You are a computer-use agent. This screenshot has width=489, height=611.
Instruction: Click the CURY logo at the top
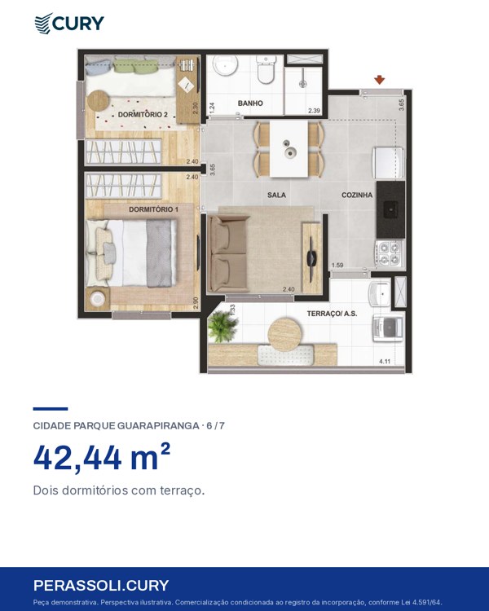[x=69, y=24]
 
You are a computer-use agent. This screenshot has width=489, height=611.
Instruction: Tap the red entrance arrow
[x=380, y=81]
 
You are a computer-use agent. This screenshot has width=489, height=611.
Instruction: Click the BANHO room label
[x=250, y=103]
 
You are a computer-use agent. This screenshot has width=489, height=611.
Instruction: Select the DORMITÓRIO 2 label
[x=143, y=115]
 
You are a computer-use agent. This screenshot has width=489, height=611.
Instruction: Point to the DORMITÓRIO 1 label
[x=154, y=209]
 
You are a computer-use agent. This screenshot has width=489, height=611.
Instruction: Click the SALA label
[x=276, y=195]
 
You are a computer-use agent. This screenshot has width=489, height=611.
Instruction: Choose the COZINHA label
[x=357, y=195]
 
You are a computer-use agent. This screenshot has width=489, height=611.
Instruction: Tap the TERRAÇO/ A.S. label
[x=332, y=314]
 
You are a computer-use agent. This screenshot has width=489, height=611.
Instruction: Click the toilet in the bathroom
[x=267, y=69]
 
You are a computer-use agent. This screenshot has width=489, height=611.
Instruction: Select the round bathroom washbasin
[x=226, y=65]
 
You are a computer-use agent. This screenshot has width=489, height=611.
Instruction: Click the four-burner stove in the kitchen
[x=390, y=253]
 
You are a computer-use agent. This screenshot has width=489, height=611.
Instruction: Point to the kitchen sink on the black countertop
[x=391, y=209]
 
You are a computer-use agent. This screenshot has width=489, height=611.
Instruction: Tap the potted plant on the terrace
[x=222, y=327]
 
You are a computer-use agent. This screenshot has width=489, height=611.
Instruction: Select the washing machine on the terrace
[x=388, y=328]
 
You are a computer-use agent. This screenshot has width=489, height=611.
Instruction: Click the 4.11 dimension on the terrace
[x=385, y=361]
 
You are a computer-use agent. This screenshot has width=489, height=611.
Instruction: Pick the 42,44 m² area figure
[x=102, y=458]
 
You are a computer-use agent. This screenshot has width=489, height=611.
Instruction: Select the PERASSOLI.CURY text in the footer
[x=101, y=585]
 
